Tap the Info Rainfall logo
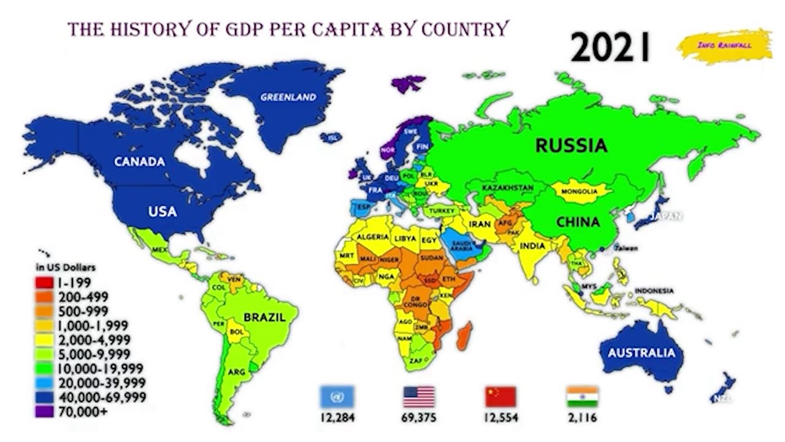tap(724, 45)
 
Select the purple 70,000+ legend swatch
tap(45, 411)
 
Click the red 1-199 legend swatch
tap(45, 283)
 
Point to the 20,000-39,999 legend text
tap(102, 382)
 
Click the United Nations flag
tap(336, 397)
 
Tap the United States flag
tap(419, 397)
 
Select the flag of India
tap(582, 397)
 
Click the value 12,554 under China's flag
tap(501, 418)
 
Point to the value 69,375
tap(419, 418)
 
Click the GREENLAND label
tap(288, 97)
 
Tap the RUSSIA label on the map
tap(571, 145)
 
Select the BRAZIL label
tap(264, 317)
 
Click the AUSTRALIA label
tap(641, 353)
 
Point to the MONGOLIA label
tap(580, 192)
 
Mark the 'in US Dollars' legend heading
tap(66, 268)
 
